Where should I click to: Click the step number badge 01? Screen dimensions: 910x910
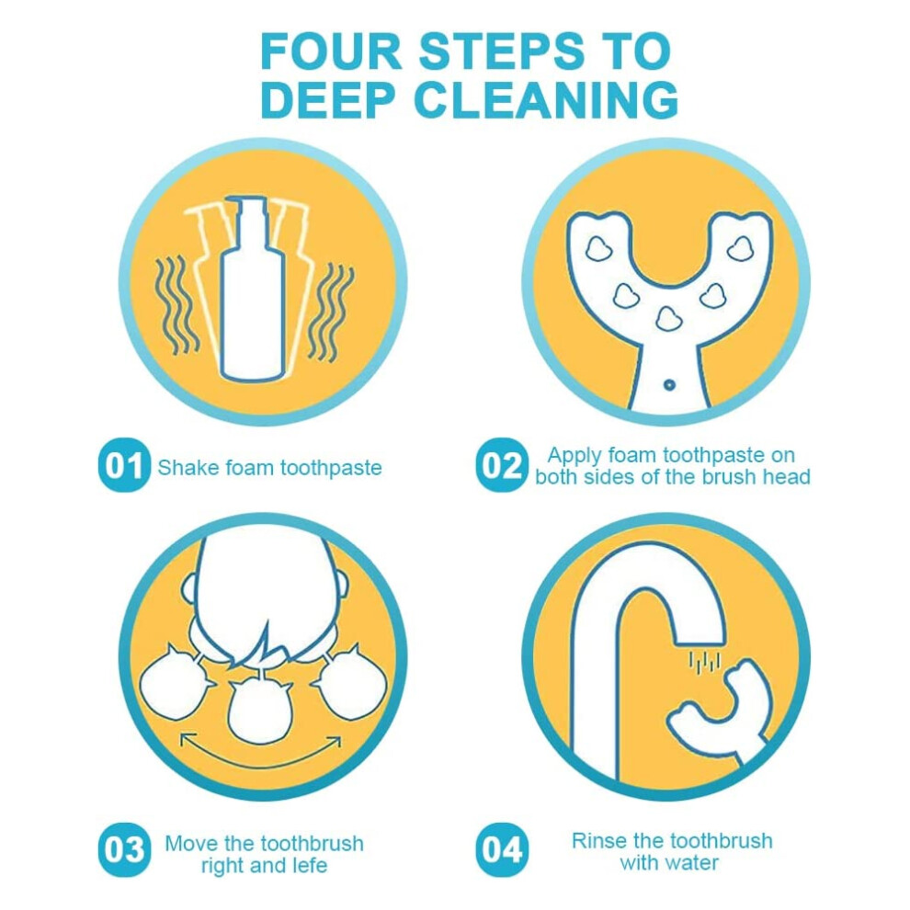[124, 465]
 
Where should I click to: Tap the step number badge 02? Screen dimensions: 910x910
[502, 465]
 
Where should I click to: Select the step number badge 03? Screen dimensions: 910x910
[124, 850]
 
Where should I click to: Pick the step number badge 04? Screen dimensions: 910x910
[502, 850]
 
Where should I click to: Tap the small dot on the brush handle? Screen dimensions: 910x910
[669, 384]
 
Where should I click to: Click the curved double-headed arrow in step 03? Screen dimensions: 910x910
[260, 760]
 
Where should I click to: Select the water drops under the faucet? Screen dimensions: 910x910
[704, 662]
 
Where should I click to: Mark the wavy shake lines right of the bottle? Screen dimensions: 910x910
[330, 313]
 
